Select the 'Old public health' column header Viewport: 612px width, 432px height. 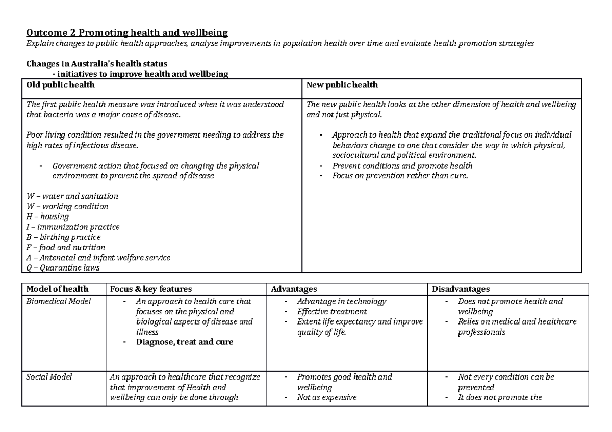[61, 84]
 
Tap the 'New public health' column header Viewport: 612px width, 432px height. [342, 84]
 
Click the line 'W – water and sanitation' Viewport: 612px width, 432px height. [72, 196]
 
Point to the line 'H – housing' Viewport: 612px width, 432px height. [47, 217]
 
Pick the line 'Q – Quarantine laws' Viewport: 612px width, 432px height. [63, 267]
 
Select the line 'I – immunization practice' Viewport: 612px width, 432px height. [73, 227]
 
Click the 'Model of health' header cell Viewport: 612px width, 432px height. [57, 289]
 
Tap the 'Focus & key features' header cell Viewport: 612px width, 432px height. [151, 289]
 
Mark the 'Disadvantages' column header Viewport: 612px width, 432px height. [461, 289]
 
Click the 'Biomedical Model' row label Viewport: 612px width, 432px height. [58, 301]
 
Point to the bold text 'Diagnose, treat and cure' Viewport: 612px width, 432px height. [184, 342]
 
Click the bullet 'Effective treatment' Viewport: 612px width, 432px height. [331, 311]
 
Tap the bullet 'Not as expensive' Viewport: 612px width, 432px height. [326, 397]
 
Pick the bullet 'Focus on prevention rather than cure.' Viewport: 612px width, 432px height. [399, 176]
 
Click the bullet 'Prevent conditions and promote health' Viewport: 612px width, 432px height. [402, 166]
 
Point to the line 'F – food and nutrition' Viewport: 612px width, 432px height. [66, 247]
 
